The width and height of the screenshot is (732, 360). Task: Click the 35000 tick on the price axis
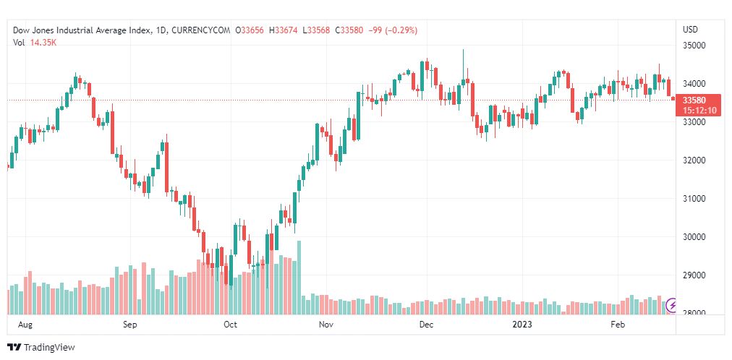point(694,46)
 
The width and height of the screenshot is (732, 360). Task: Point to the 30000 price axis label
point(694,237)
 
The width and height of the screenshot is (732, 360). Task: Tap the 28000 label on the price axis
point(694,314)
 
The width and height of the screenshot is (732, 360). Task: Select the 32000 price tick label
point(694,160)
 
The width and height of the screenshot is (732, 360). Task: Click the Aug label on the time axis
point(25,325)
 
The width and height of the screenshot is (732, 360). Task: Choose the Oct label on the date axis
point(231,325)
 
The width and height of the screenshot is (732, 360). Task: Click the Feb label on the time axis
point(618,325)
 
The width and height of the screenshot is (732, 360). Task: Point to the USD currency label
point(691,30)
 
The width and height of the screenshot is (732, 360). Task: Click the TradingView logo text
point(49,348)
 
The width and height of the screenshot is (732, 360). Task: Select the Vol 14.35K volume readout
point(36,43)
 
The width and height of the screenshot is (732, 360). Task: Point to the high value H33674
point(284,30)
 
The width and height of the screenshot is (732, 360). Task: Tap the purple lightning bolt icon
point(672,306)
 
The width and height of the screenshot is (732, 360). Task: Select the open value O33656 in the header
point(250,30)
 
